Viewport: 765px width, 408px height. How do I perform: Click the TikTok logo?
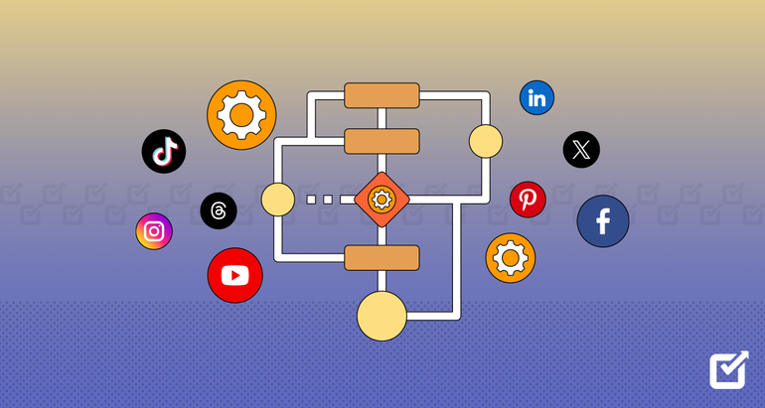coord(164,152)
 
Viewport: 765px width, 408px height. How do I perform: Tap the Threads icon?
coord(219,210)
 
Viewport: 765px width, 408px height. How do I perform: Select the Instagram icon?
coord(154,231)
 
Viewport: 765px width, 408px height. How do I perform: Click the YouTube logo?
coord(235,275)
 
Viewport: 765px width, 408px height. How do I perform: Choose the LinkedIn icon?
coord(536,97)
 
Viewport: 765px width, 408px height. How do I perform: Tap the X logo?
coord(581,150)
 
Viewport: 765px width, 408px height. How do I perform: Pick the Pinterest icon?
coord(528,200)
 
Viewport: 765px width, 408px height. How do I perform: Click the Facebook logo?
coord(603,221)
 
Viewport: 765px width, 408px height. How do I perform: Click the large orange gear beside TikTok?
coord(241,115)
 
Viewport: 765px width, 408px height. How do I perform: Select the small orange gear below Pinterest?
coord(511,258)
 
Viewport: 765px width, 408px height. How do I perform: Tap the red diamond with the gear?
coord(382,200)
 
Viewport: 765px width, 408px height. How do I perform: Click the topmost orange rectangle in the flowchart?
coord(382,95)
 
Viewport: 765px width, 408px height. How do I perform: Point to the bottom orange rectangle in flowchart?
coord(382,258)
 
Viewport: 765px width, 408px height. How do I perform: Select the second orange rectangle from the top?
coord(382,141)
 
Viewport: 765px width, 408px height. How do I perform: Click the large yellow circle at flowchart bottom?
coord(382,317)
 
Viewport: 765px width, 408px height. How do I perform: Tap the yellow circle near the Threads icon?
coord(278,200)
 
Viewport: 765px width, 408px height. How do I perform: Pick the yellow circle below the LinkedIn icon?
coord(486,141)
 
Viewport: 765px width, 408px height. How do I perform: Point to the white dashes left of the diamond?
coord(325,200)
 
